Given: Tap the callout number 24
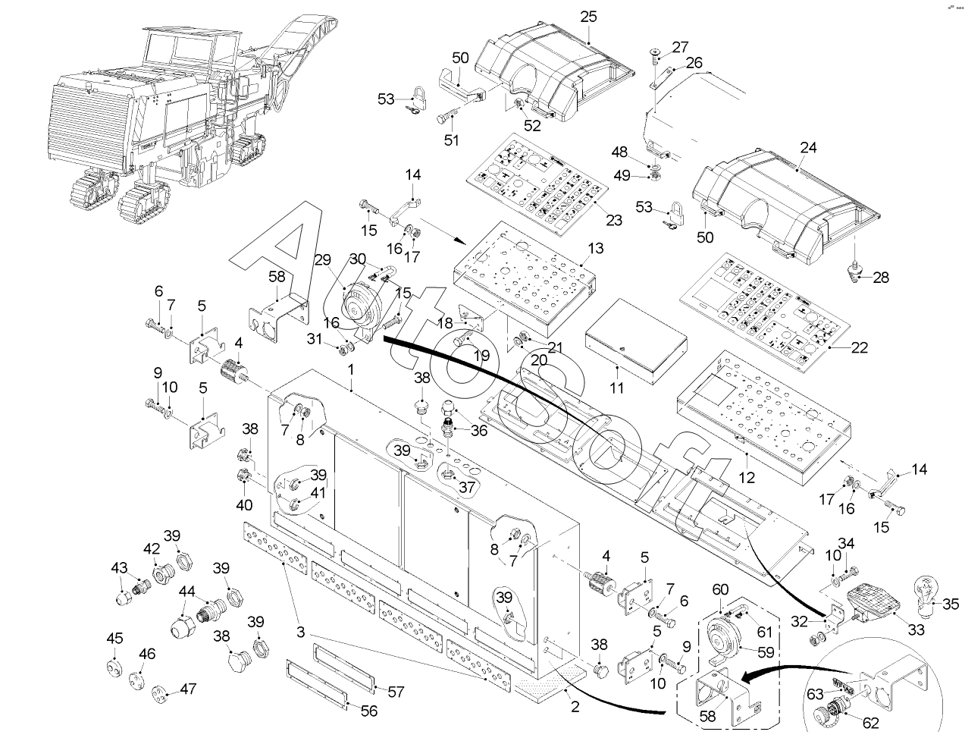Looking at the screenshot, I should [x=808, y=148].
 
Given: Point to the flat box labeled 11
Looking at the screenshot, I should [x=635, y=341].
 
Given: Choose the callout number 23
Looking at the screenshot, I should [x=613, y=221].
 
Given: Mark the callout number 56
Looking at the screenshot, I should [x=370, y=711].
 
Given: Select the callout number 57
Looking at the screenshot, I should [x=396, y=692].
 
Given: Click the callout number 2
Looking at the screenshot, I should [x=575, y=708].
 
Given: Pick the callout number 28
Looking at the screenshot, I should [x=881, y=278].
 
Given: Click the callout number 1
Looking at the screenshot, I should [x=351, y=369].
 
